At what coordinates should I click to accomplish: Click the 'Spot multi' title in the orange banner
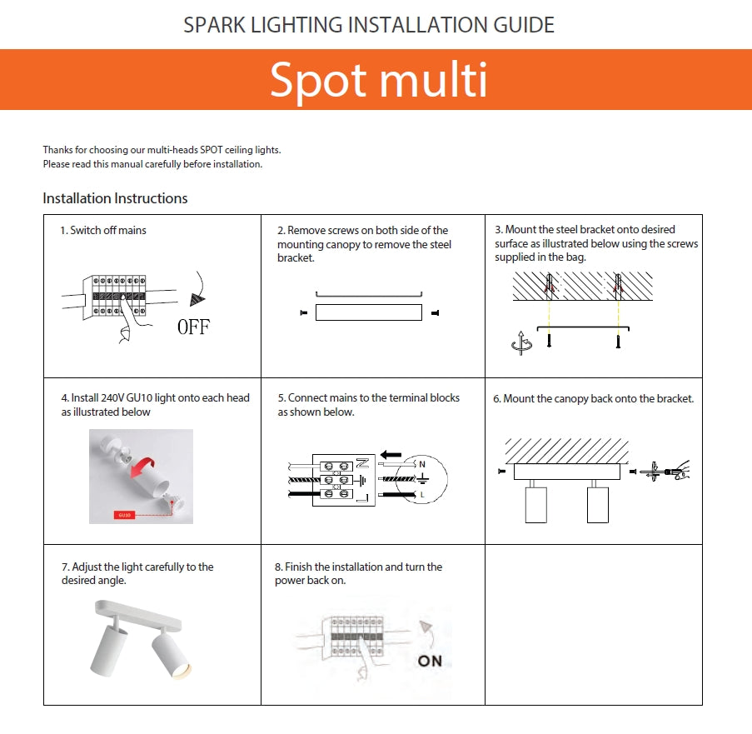tap(378, 80)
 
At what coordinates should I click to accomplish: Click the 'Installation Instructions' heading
tap(115, 198)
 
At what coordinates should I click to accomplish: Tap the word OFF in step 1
tap(193, 327)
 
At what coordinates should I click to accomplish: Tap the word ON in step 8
tap(430, 661)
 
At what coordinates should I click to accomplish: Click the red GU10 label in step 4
tap(126, 516)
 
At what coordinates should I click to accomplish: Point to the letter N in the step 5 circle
tap(422, 463)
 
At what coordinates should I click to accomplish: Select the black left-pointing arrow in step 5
tap(391, 455)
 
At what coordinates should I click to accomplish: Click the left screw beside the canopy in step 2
tap(302, 313)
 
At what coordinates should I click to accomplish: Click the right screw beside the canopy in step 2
tap(435, 313)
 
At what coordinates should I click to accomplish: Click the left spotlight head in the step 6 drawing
tap(536, 503)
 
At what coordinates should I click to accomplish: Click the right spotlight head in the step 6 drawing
tap(598, 503)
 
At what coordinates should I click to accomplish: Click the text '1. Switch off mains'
tap(102, 230)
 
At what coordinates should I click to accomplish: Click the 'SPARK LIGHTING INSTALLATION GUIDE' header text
tap(369, 25)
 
